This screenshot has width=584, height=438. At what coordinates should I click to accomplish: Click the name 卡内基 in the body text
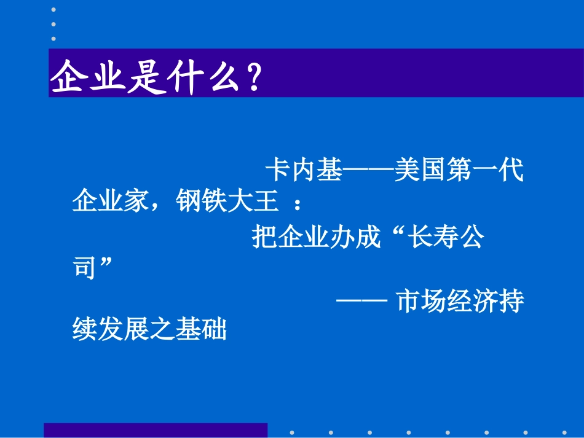click(303, 170)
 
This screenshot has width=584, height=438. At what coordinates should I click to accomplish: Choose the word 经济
click(473, 301)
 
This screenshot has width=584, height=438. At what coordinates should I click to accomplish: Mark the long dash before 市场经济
click(361, 301)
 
